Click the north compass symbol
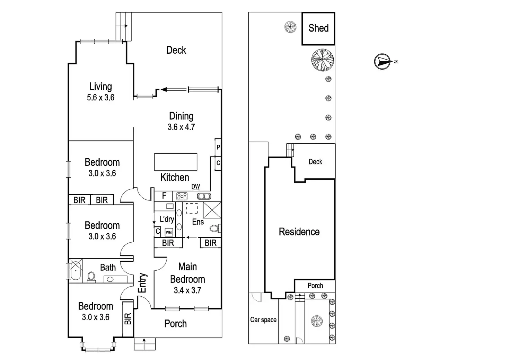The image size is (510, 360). (383, 61)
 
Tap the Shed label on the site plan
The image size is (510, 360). (318, 28)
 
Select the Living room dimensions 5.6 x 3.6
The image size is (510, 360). (100, 98)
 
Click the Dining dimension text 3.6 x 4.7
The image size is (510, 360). (181, 127)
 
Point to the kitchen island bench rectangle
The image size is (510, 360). (176, 162)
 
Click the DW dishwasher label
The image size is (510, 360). (195, 187)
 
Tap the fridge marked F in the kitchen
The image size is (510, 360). (164, 196)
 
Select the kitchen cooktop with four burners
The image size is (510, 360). (182, 196)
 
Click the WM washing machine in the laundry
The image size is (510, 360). (169, 232)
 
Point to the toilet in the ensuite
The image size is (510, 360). (215, 228)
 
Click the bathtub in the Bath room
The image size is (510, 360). (76, 271)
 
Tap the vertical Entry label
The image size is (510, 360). (142, 283)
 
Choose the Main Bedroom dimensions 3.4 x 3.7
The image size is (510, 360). (187, 290)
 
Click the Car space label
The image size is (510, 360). (263, 320)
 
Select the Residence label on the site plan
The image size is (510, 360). (299, 232)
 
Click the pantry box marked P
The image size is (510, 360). (218, 147)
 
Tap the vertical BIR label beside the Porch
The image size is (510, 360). (128, 319)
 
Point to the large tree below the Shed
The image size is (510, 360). (323, 60)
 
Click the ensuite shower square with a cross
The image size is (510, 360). (212, 210)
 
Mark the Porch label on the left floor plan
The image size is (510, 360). (176, 324)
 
